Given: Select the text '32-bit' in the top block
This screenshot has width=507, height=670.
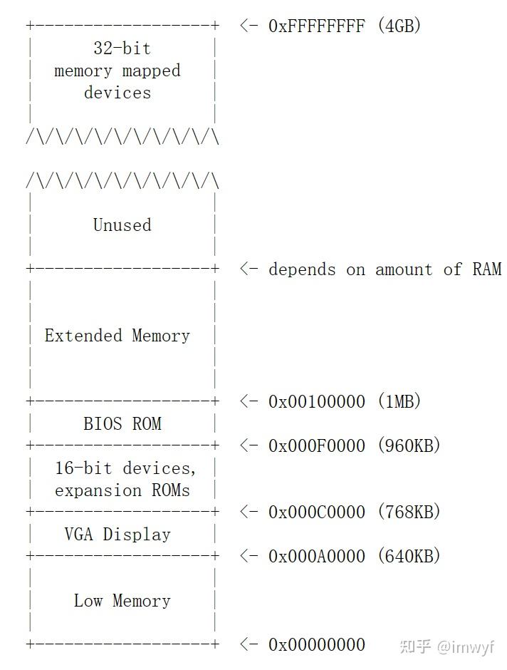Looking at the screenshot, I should tap(122, 48).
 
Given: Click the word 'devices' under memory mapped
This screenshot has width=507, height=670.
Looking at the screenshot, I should tap(117, 93).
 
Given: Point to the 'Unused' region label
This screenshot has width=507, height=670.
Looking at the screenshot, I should tap(122, 225).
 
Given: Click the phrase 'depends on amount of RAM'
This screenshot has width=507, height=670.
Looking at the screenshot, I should tap(385, 269).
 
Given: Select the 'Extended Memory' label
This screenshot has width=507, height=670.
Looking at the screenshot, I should tap(117, 336).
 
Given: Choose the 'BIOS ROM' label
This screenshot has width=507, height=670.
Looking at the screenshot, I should tap(122, 424).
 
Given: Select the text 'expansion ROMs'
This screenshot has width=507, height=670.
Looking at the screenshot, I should tap(122, 490).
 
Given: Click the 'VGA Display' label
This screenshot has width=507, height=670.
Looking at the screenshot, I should tap(117, 535).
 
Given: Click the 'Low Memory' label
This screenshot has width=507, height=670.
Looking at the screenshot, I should tap(122, 601).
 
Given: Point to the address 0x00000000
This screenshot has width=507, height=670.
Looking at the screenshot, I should tap(316, 645).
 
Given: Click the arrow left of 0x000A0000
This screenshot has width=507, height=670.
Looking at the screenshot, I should tap(249, 557).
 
